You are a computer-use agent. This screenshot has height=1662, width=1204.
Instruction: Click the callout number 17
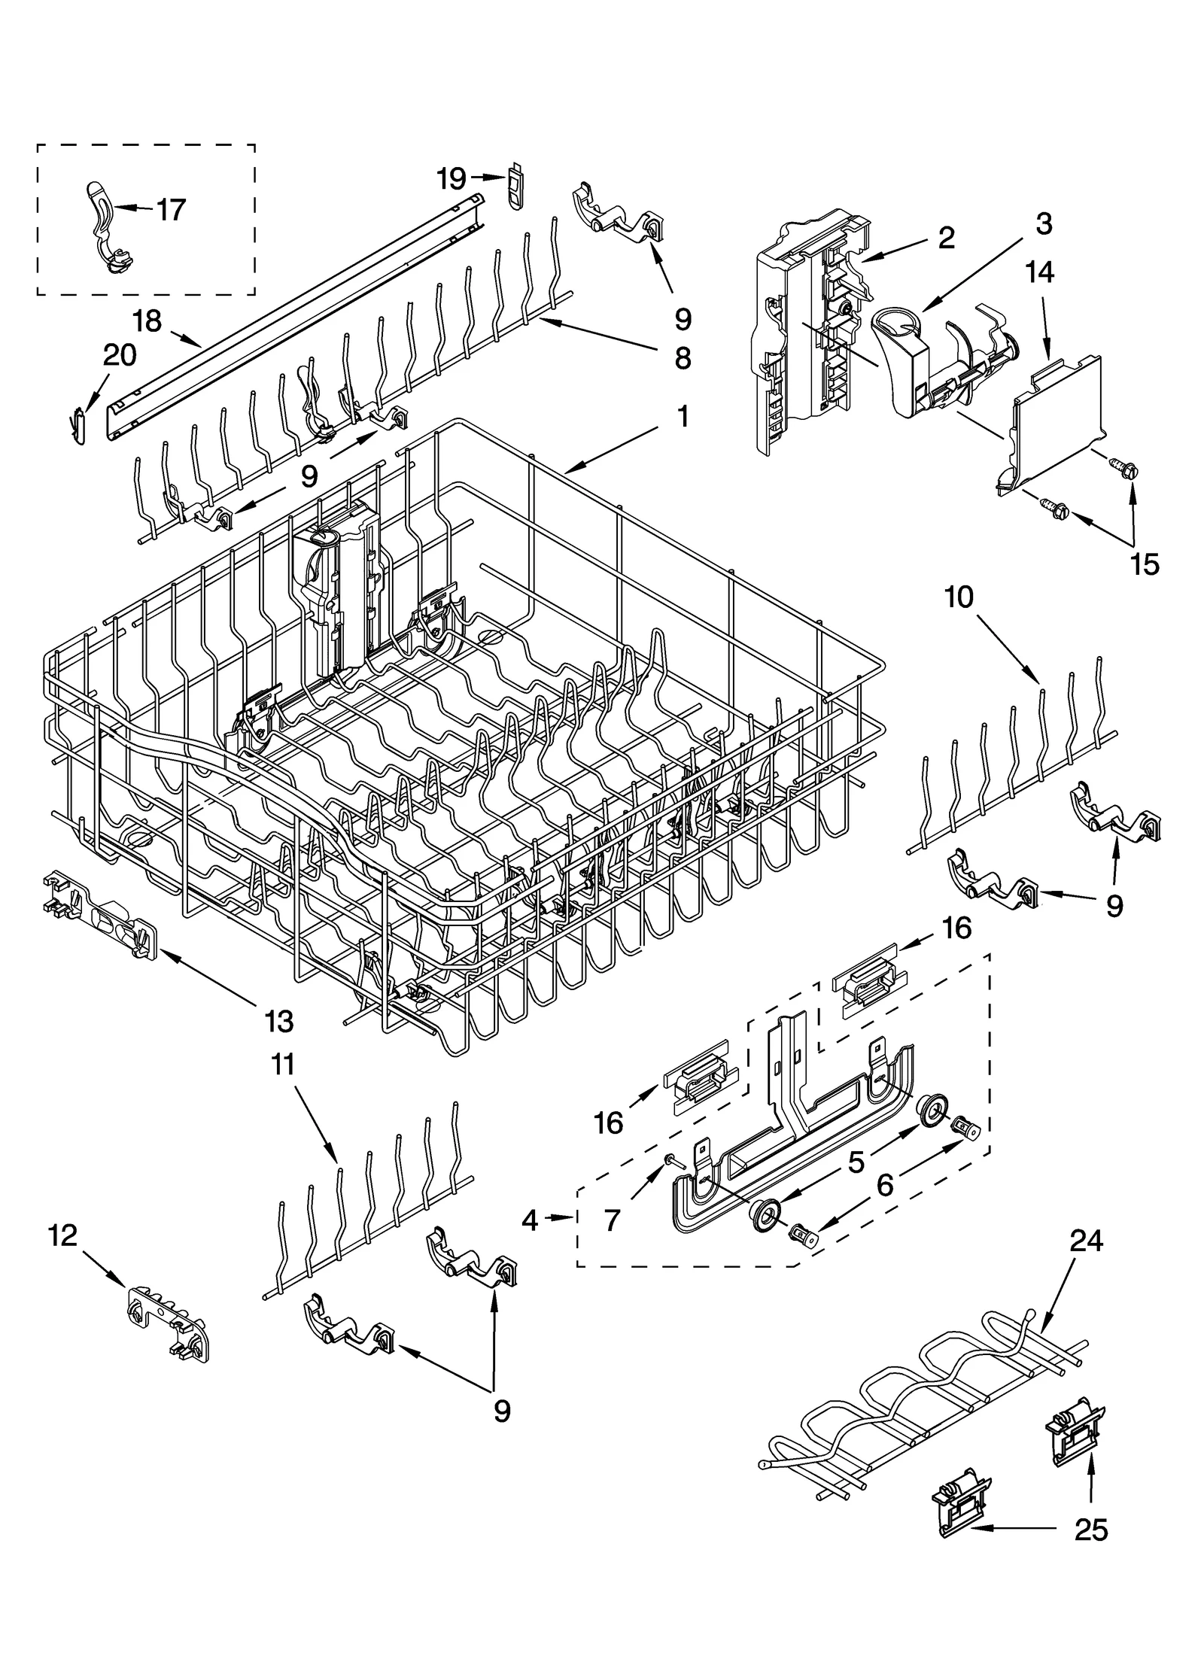(171, 210)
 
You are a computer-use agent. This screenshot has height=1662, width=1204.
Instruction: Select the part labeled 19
(514, 188)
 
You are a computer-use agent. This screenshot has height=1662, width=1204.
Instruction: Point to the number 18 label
(147, 321)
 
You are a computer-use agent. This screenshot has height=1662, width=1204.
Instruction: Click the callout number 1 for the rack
(683, 416)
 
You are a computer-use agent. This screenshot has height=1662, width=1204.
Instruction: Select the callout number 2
(946, 238)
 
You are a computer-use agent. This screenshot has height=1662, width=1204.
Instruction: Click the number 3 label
(1043, 223)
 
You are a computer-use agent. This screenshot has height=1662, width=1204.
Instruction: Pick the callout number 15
(1145, 564)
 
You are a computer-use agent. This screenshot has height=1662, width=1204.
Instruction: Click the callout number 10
(959, 597)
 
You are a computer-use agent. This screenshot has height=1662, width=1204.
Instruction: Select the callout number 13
(278, 1021)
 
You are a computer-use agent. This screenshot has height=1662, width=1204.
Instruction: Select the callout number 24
(1086, 1241)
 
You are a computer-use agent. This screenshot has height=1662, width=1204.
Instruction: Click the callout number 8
(683, 358)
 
